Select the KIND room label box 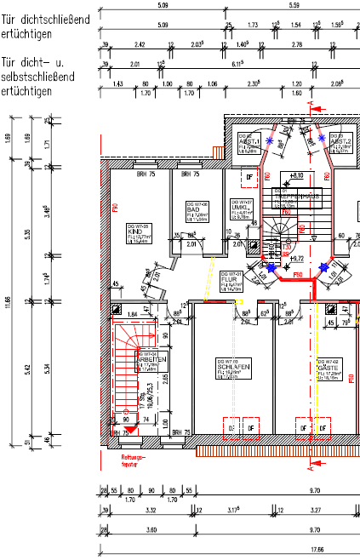132,231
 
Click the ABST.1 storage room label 249,141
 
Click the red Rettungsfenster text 124,459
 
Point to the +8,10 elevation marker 296,175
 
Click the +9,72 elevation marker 297,257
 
